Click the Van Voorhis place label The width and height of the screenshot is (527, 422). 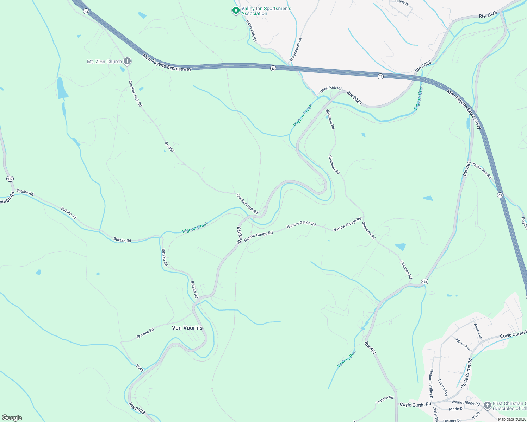click(187, 328)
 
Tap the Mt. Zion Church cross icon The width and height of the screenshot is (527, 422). click(127, 62)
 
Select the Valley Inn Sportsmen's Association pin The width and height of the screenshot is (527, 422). click(236, 11)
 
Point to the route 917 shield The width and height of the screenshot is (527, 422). click(10, 179)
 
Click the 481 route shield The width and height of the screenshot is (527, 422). click(424, 281)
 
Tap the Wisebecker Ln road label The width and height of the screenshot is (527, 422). click(296, 50)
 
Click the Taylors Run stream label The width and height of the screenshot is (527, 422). click(346, 359)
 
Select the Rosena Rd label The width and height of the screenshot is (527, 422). click(145, 333)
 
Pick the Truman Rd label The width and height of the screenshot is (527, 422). click(384, 400)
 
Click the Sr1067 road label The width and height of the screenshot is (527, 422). click(169, 147)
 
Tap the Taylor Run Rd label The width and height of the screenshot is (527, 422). click(482, 171)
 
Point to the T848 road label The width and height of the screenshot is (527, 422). click(140, 368)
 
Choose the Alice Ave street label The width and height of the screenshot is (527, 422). click(478, 331)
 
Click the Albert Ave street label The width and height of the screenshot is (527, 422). click(463, 344)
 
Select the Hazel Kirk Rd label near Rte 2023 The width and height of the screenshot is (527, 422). click(330, 90)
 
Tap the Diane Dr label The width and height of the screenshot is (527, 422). click(402, 3)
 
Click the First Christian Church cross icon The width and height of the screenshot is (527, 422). click(487, 406)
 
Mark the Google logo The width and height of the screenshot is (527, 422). click(12, 418)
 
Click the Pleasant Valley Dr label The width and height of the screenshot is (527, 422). click(431, 384)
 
